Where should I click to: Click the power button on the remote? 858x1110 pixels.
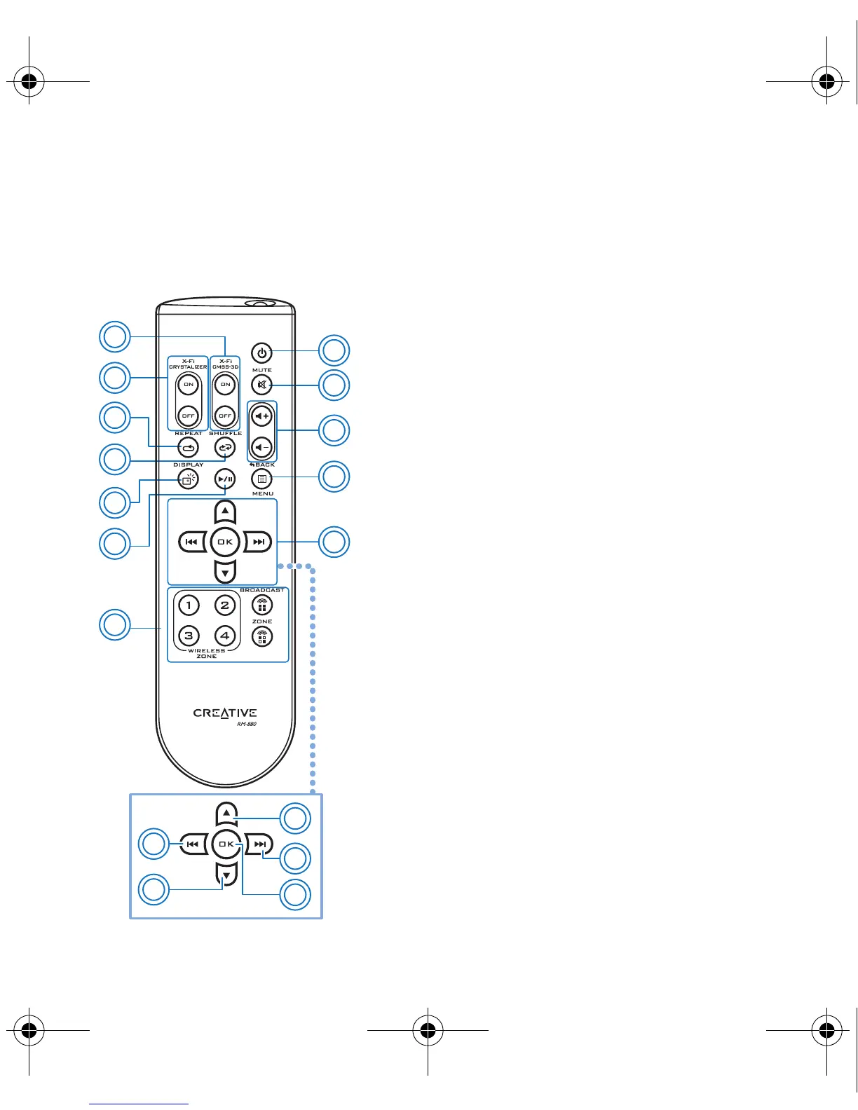point(261,352)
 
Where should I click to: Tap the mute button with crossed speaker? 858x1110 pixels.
point(261,385)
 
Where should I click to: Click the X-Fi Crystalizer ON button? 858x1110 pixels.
point(189,384)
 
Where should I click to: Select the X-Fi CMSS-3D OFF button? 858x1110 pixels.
point(225,416)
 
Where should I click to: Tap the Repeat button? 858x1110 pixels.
point(189,447)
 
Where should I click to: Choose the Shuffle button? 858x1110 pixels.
point(225,447)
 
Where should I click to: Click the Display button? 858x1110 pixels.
point(189,479)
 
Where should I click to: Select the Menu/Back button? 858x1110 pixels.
point(261,479)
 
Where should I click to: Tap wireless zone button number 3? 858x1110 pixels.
point(189,636)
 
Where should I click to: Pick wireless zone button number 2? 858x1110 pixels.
point(224,605)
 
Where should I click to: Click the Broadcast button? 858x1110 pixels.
point(261,605)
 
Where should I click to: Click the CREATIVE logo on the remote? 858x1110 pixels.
point(225,713)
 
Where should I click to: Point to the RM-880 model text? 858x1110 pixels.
point(247,724)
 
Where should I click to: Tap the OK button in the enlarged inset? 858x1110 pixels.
point(226,844)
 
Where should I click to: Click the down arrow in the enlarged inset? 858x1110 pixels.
point(226,874)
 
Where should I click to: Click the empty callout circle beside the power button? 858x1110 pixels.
point(334,351)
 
